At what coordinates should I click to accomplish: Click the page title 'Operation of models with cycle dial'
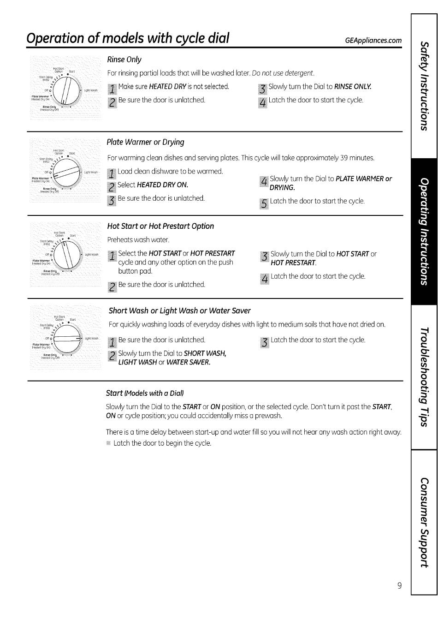coord(128,38)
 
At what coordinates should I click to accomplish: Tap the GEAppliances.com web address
coord(373,41)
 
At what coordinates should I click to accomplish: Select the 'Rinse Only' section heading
coord(124,60)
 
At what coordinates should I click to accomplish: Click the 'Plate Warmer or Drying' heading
coord(145,142)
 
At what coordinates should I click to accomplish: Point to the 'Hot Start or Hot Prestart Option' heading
coord(160,226)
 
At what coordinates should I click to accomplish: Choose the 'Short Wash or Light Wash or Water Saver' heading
coord(179,310)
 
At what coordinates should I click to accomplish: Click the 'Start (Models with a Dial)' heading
coord(145,393)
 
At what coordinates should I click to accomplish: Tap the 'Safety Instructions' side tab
coord(424,86)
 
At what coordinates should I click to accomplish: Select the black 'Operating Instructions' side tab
coord(424,232)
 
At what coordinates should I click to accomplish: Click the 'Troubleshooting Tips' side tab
coord(424,377)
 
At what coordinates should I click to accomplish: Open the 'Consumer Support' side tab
coord(424,522)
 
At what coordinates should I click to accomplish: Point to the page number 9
coord(399,586)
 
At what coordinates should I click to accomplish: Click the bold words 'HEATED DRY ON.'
coord(163,185)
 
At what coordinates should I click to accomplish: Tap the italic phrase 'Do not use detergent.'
coord(283,73)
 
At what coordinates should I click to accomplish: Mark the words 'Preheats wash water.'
coord(138,240)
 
